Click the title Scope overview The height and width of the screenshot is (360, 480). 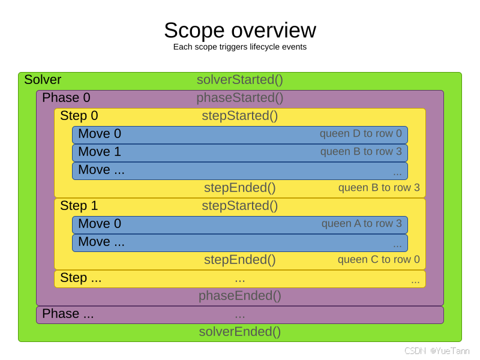[240, 31]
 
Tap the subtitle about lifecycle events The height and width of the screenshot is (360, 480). [240, 47]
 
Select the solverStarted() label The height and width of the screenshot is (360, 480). [240, 80]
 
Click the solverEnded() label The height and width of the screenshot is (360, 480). [240, 332]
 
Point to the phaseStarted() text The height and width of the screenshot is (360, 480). [240, 98]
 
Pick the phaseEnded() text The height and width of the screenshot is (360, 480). [240, 296]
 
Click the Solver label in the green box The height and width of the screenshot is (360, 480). [43, 80]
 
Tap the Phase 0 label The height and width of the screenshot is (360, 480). [66, 98]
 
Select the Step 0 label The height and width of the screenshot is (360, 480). [79, 116]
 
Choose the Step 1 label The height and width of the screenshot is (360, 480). [79, 206]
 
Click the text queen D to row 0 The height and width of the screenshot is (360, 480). [361, 133]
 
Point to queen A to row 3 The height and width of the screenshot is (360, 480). [362, 223]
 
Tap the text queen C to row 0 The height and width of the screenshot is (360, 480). [379, 260]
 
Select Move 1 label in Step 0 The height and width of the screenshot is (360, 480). [100, 152]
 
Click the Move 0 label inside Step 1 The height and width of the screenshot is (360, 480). [100, 224]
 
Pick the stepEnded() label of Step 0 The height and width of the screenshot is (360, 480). [240, 188]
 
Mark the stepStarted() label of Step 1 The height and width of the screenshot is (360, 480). [240, 206]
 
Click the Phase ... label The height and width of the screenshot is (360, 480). [68, 314]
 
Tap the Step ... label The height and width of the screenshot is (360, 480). [81, 278]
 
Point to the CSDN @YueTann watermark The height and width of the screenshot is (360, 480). [437, 351]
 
